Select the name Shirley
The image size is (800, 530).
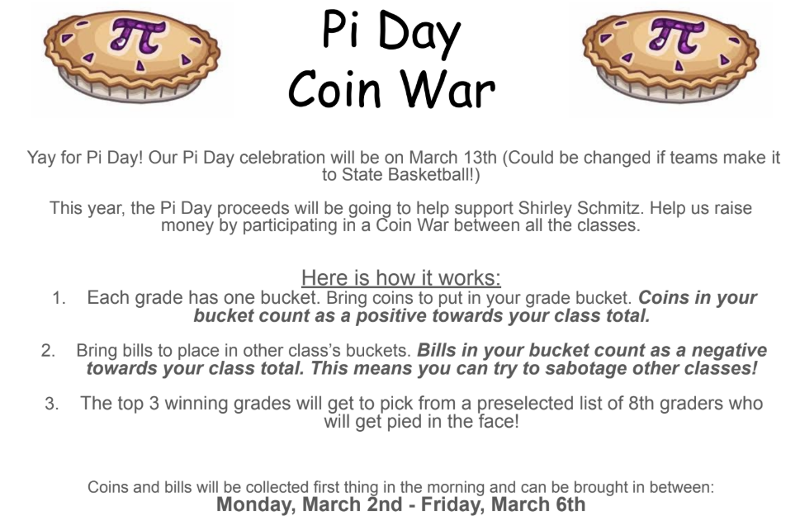coord(593,208)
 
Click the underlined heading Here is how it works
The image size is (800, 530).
coord(400,277)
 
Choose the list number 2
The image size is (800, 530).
coord(48,351)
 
